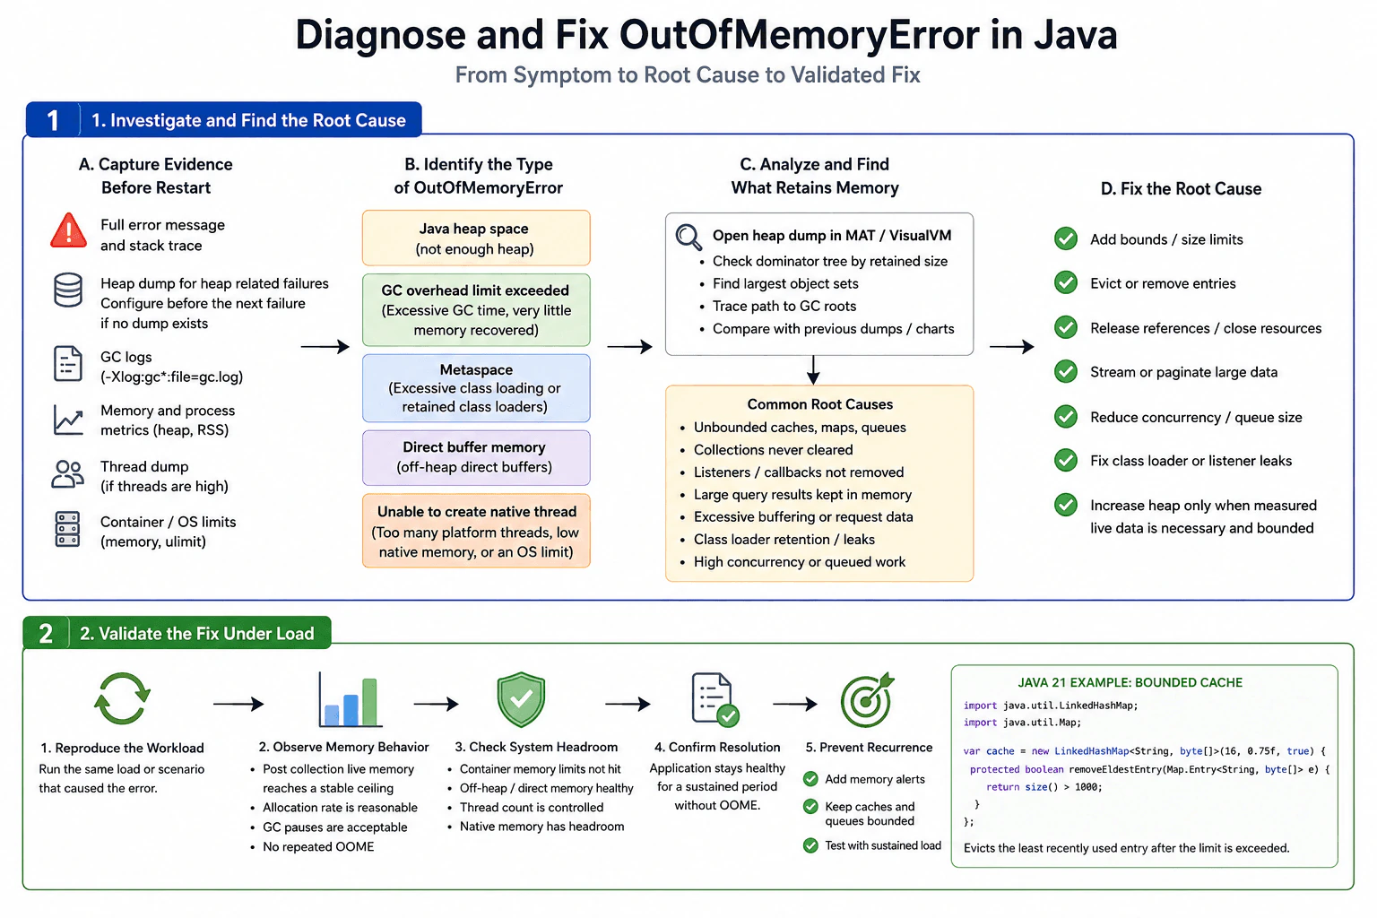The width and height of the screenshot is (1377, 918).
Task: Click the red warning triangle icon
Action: tap(68, 231)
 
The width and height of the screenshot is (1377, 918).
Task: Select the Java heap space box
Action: tap(476, 238)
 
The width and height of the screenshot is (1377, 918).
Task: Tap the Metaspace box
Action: tap(476, 388)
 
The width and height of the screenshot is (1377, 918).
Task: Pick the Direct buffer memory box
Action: tap(476, 457)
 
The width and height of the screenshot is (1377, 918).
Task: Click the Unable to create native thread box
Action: tap(476, 531)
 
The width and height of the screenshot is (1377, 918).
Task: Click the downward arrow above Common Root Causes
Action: tap(813, 370)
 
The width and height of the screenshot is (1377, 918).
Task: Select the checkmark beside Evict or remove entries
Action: tap(1066, 282)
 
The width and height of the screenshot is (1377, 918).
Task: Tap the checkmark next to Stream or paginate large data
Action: tap(1066, 371)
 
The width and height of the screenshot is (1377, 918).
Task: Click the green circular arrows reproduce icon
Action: tap(122, 698)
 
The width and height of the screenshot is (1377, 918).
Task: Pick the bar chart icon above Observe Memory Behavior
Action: tap(350, 700)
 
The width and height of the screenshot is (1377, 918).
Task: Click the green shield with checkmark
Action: tap(521, 699)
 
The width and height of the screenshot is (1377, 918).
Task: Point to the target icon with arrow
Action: tap(867, 700)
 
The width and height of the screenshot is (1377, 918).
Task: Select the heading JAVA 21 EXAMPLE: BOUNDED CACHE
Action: tap(1130, 682)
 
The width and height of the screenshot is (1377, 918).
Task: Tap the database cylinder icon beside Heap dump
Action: tap(67, 290)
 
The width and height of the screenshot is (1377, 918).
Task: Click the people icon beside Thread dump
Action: tap(67, 474)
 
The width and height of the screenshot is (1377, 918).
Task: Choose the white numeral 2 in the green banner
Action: tap(46, 633)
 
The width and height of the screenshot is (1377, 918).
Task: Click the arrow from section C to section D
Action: tap(1011, 347)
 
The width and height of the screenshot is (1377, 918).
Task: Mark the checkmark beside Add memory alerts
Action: tap(810, 779)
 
